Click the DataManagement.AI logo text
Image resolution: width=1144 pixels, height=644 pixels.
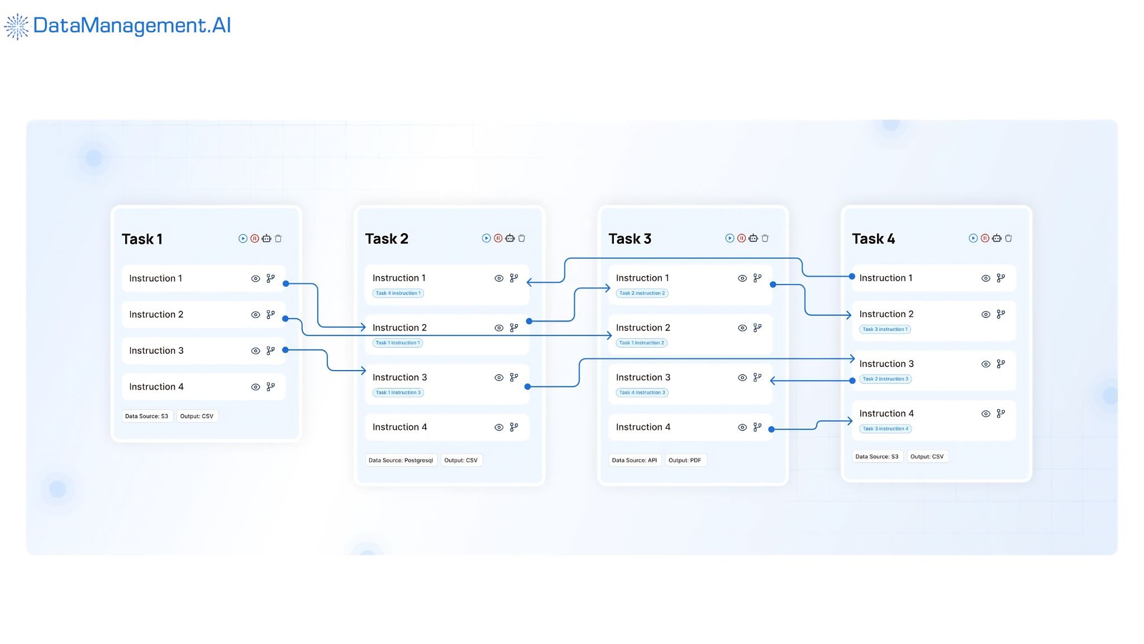132,26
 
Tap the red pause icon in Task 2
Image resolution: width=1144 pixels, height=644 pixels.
498,238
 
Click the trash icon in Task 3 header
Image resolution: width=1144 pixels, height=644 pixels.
765,238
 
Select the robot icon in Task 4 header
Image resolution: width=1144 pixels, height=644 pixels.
997,238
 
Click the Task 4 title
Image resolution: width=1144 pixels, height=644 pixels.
873,239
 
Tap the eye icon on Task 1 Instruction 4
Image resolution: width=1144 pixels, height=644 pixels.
255,387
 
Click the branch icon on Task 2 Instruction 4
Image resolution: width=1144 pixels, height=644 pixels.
514,427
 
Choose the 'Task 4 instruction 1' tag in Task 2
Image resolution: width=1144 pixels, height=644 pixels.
398,293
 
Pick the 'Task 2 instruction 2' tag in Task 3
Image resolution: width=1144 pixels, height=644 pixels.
642,293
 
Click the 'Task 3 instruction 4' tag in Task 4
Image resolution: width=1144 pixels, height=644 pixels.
885,429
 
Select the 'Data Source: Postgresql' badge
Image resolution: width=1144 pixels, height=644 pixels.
401,460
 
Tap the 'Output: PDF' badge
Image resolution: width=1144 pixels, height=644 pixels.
685,460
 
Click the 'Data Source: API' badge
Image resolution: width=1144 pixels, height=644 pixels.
634,460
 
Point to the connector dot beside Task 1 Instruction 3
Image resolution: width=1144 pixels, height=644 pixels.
285,350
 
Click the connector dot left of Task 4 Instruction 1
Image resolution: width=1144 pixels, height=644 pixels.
852,276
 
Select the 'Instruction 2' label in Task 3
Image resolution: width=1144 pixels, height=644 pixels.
643,328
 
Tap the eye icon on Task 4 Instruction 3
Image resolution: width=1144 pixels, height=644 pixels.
986,364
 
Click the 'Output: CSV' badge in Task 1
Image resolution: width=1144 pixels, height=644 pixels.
197,416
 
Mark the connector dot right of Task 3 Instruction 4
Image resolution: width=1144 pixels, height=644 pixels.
771,429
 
